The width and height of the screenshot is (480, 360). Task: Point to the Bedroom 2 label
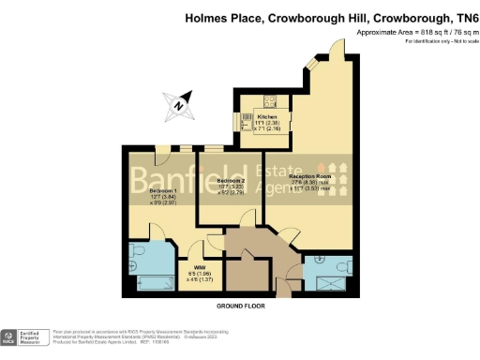(x=231, y=180)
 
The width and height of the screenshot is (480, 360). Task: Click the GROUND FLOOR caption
(x=241, y=307)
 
